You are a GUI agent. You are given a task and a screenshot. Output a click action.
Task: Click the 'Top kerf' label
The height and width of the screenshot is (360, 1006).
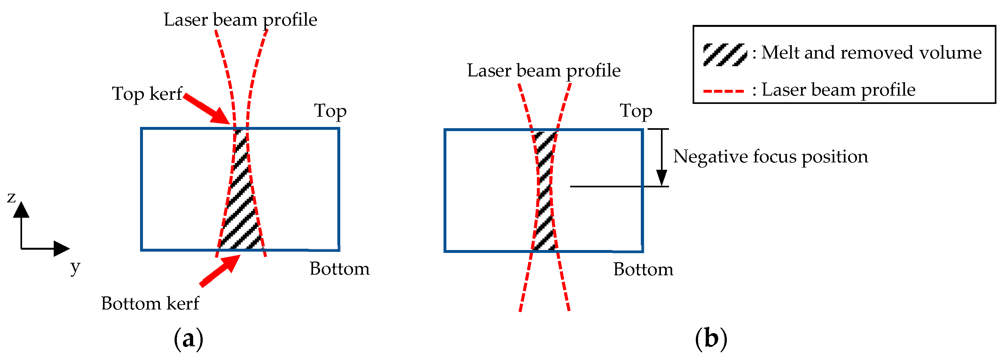(x=147, y=94)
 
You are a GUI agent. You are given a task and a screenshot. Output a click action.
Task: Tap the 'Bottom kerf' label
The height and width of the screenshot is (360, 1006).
(x=150, y=303)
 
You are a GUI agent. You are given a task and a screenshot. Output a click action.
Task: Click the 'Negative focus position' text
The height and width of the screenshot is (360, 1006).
(x=770, y=157)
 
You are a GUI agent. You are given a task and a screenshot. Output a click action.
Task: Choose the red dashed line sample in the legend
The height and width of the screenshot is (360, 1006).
(x=723, y=91)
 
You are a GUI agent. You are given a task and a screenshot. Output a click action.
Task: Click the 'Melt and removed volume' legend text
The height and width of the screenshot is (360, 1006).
(x=871, y=53)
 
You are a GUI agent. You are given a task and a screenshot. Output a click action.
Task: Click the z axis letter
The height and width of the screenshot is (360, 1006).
(x=11, y=197)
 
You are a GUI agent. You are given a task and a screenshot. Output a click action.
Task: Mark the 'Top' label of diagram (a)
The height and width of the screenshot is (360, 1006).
(x=330, y=111)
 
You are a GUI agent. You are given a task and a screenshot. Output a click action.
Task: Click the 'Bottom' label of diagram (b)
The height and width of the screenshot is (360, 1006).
(x=643, y=270)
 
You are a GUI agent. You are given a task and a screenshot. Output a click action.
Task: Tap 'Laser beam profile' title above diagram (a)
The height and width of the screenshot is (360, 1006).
(x=240, y=20)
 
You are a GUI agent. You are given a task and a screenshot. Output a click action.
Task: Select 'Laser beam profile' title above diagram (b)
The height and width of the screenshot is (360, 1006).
(x=544, y=71)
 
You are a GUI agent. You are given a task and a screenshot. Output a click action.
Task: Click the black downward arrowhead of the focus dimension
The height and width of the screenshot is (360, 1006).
(x=662, y=178)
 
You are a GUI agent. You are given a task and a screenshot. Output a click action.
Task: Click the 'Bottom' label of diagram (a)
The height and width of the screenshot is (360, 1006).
(x=339, y=269)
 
